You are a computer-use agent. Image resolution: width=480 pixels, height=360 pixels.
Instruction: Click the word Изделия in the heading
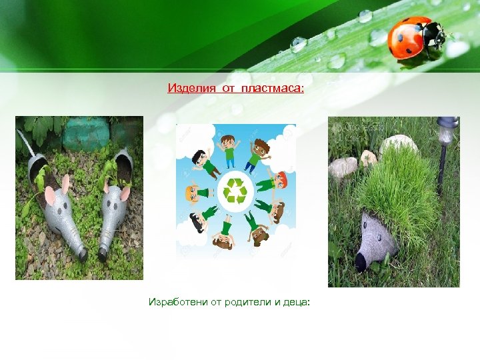click(187, 88)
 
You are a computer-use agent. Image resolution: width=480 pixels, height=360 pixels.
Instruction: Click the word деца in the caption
click(295, 303)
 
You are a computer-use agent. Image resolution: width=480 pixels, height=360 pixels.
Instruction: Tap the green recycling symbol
click(235, 191)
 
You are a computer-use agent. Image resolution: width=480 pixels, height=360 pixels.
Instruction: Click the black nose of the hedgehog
click(361, 264)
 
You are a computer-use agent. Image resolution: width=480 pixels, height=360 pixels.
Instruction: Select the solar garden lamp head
click(447, 127)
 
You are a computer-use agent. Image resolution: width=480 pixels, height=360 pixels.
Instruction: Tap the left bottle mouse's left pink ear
click(49, 197)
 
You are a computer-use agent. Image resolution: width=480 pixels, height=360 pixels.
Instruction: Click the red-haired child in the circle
click(281, 180)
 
